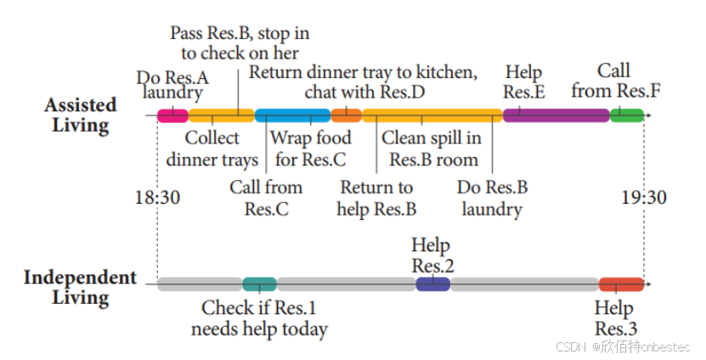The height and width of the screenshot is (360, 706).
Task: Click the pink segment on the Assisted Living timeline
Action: tap(172, 115)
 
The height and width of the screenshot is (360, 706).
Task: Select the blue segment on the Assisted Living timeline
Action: tap(292, 115)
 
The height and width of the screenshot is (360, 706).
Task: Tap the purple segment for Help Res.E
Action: tap(556, 115)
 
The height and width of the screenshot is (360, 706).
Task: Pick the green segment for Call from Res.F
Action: tap(626, 115)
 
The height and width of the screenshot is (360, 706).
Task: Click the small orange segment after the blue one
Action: tap(346, 115)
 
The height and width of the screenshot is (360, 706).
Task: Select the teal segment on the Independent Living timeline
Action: tap(259, 284)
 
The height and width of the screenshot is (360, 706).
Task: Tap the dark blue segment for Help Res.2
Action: tap(432, 284)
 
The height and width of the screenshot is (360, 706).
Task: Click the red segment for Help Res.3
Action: tap(621, 284)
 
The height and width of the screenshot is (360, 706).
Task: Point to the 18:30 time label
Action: tap(157, 198)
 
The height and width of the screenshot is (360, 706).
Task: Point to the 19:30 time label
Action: tap(643, 198)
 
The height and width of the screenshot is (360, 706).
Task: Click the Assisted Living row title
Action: tap(81, 115)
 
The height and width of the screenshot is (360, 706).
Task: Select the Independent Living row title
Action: tap(80, 287)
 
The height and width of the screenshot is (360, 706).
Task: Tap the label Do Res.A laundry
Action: tap(172, 85)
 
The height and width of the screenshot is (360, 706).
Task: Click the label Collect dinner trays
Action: tap(212, 149)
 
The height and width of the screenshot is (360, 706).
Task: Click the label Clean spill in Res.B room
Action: tap(432, 149)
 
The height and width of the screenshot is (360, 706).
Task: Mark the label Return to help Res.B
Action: tap(376, 198)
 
